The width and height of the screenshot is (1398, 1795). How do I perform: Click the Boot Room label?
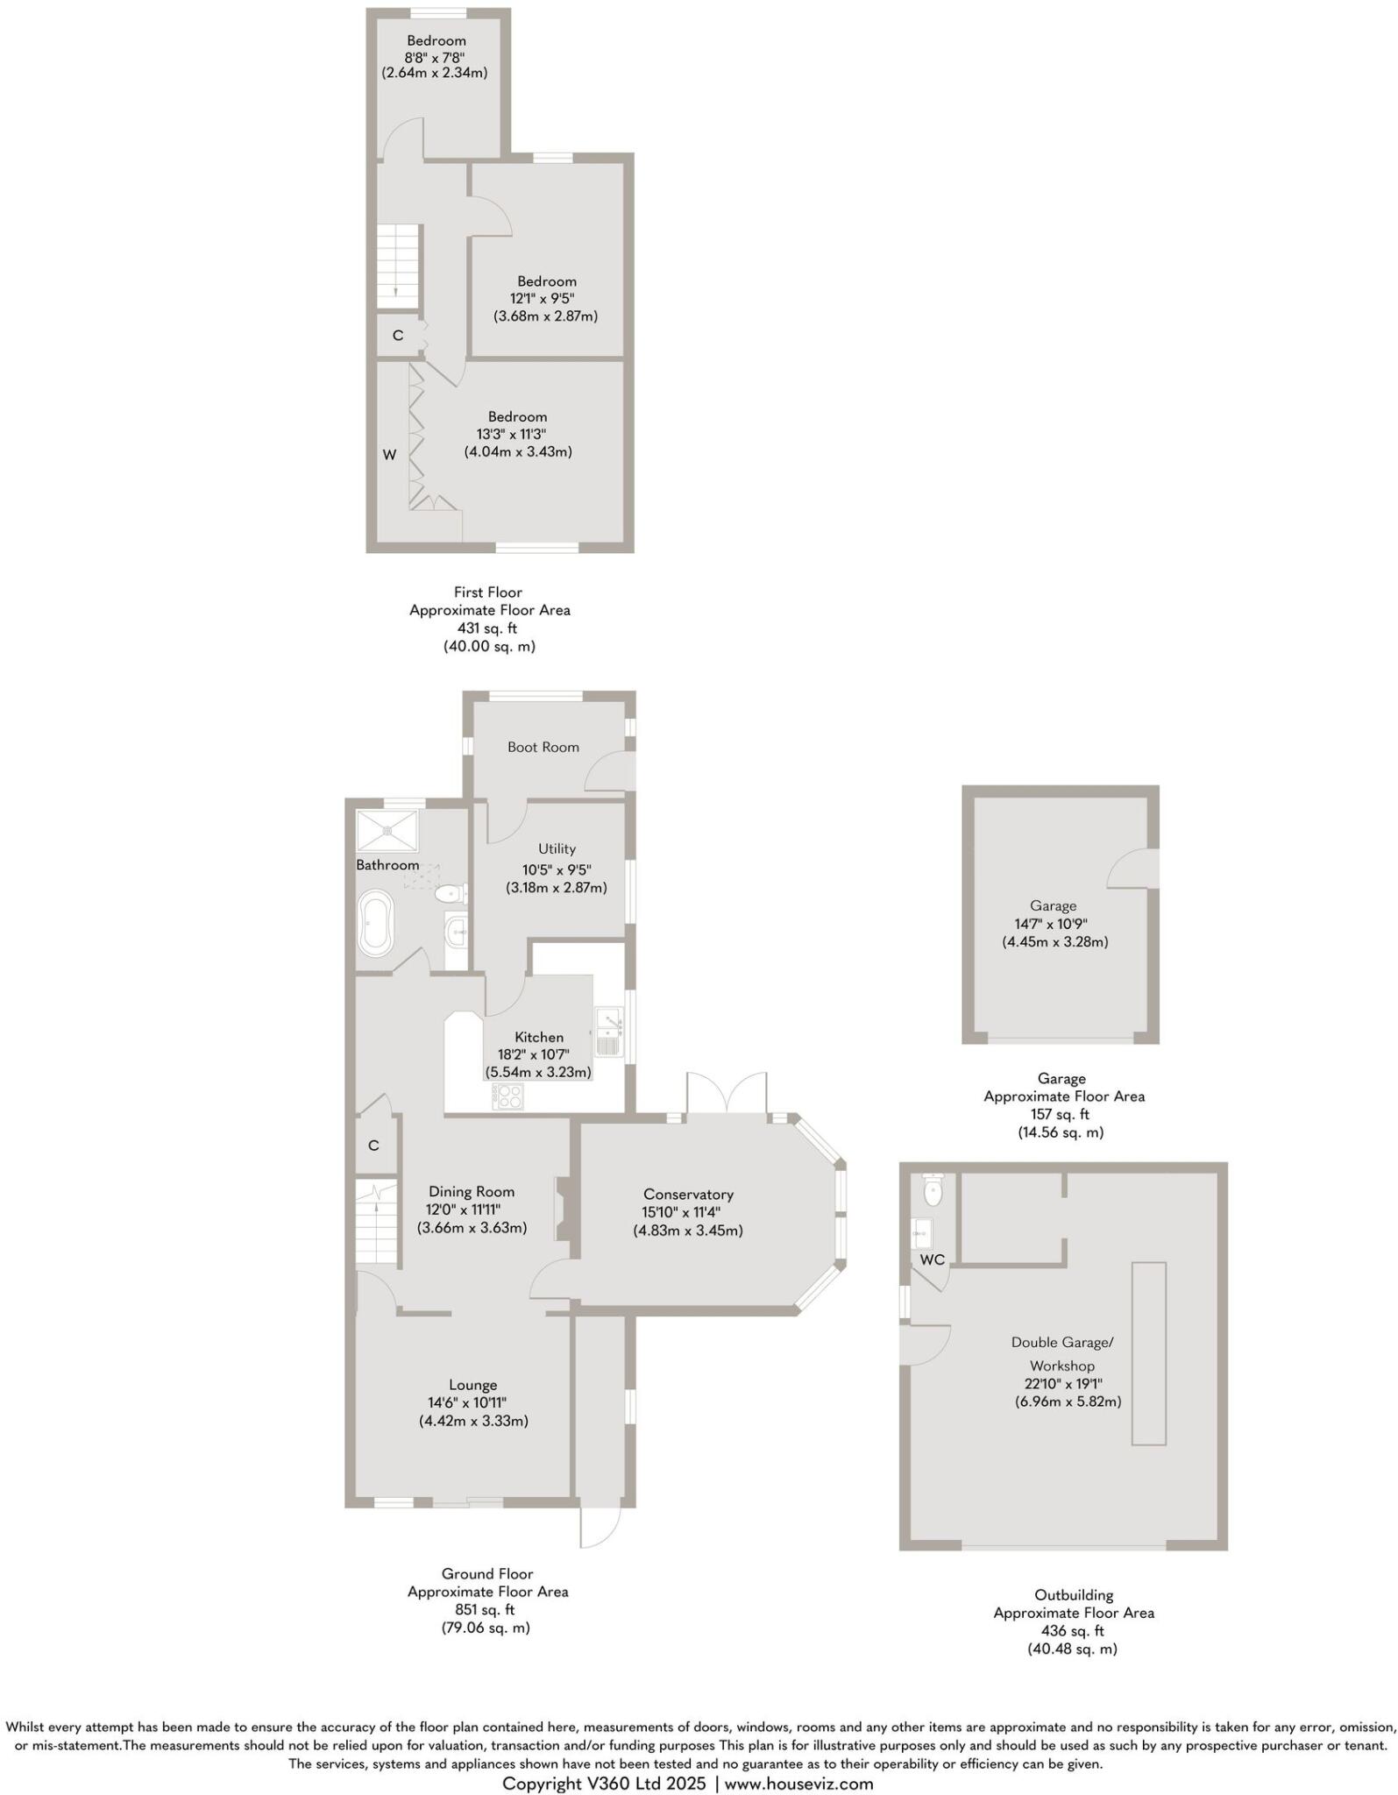pos(543,747)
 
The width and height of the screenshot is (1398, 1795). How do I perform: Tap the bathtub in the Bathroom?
pos(376,923)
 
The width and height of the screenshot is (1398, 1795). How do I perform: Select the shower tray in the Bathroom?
pos(387,829)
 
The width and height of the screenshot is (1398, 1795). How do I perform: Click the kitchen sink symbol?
pos(608,1031)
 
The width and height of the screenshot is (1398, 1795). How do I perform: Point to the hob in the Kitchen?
pos(508,1096)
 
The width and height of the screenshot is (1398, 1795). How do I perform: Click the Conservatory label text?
pos(687,1194)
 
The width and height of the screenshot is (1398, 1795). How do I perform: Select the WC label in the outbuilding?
pos(932,1259)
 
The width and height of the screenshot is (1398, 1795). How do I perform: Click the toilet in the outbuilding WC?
pos(933,1188)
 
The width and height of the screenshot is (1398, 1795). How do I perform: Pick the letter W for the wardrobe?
pos(389,454)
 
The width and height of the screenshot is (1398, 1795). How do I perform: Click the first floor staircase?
pos(400,266)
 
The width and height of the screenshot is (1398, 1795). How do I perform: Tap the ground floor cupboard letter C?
pos(373,1146)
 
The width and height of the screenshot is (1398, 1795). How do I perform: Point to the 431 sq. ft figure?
pos(487,628)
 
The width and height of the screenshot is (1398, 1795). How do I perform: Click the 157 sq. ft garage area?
pos(1060,1114)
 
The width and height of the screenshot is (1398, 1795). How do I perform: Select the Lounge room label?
pos(472,1385)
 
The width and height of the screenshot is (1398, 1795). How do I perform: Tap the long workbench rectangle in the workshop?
pos(1148,1352)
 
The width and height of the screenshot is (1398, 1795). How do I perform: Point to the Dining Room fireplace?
pos(562,1209)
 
